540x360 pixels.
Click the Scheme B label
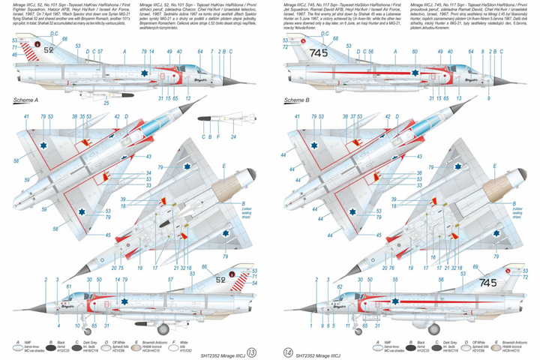point(298,100)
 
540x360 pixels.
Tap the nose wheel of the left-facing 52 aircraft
point(88,328)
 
